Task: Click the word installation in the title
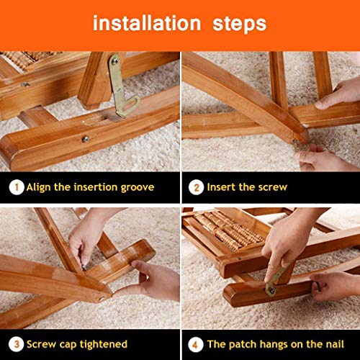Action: point(147,23)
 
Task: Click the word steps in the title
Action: point(240,24)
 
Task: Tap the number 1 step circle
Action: point(17,187)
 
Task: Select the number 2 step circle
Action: point(196,187)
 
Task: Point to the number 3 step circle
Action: point(16,344)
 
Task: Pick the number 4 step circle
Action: point(196,345)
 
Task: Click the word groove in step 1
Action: point(138,188)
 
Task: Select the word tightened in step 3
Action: point(104,345)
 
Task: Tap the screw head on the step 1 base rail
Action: point(85,139)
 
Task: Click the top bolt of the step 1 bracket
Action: point(115,61)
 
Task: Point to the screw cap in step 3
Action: point(84,266)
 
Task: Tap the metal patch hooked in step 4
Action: point(278,279)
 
